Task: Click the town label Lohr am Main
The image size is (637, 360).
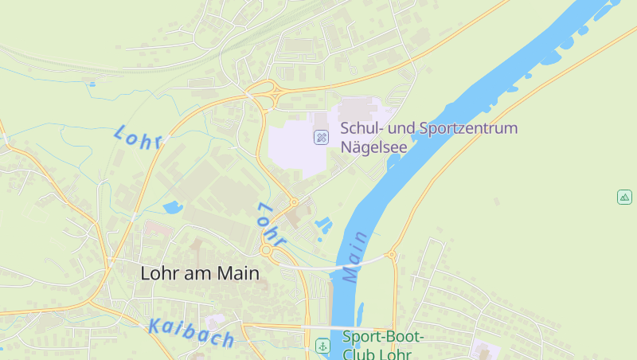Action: point(200,272)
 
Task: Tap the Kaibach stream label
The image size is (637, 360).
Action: point(191,333)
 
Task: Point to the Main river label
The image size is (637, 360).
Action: point(356,256)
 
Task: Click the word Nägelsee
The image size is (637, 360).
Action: point(373,147)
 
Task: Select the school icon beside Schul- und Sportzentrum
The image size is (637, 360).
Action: point(321,137)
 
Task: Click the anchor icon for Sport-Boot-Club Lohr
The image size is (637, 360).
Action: point(322,346)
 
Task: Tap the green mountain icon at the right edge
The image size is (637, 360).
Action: point(624,196)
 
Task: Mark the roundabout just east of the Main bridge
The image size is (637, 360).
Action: point(391,256)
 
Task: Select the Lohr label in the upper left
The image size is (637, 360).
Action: point(138,137)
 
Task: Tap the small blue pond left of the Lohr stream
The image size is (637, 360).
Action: point(172,209)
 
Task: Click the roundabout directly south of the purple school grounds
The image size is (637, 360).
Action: point(293,202)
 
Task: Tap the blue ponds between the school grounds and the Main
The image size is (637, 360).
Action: point(322,225)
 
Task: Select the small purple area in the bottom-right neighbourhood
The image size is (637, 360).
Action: point(480,350)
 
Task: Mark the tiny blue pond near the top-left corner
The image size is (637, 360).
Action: point(92,83)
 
